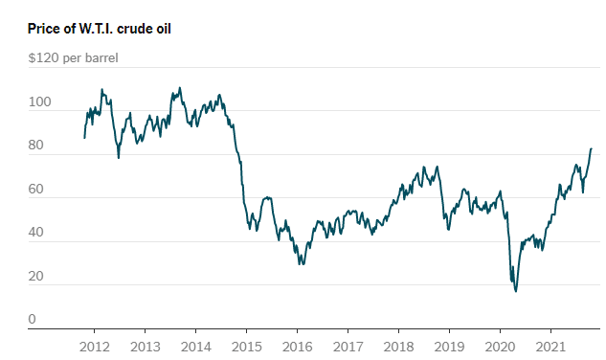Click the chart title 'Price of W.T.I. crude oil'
(100, 29)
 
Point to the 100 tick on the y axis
(37, 101)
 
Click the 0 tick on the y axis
(32, 320)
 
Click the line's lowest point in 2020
(516, 290)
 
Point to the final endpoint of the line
(592, 148)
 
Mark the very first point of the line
(84, 138)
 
